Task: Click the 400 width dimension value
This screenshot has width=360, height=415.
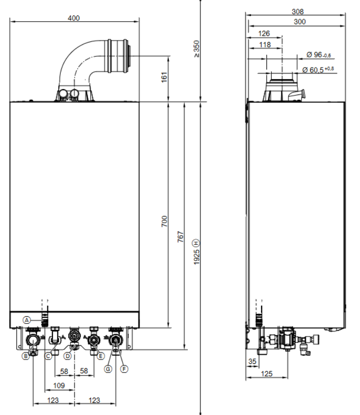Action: pyautogui.click(x=74, y=18)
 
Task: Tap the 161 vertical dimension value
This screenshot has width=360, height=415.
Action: pyautogui.click(x=165, y=77)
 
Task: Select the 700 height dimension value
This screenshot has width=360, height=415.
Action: pyautogui.click(x=165, y=221)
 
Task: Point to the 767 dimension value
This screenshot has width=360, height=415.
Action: pyautogui.click(x=180, y=237)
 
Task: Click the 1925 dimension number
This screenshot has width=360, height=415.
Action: pyautogui.click(x=196, y=257)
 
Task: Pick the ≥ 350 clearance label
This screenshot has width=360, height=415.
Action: pyautogui.click(x=196, y=49)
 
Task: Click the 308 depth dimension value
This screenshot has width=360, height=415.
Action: pyautogui.click(x=298, y=12)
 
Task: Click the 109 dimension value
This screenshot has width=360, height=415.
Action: pyautogui.click(x=59, y=386)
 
